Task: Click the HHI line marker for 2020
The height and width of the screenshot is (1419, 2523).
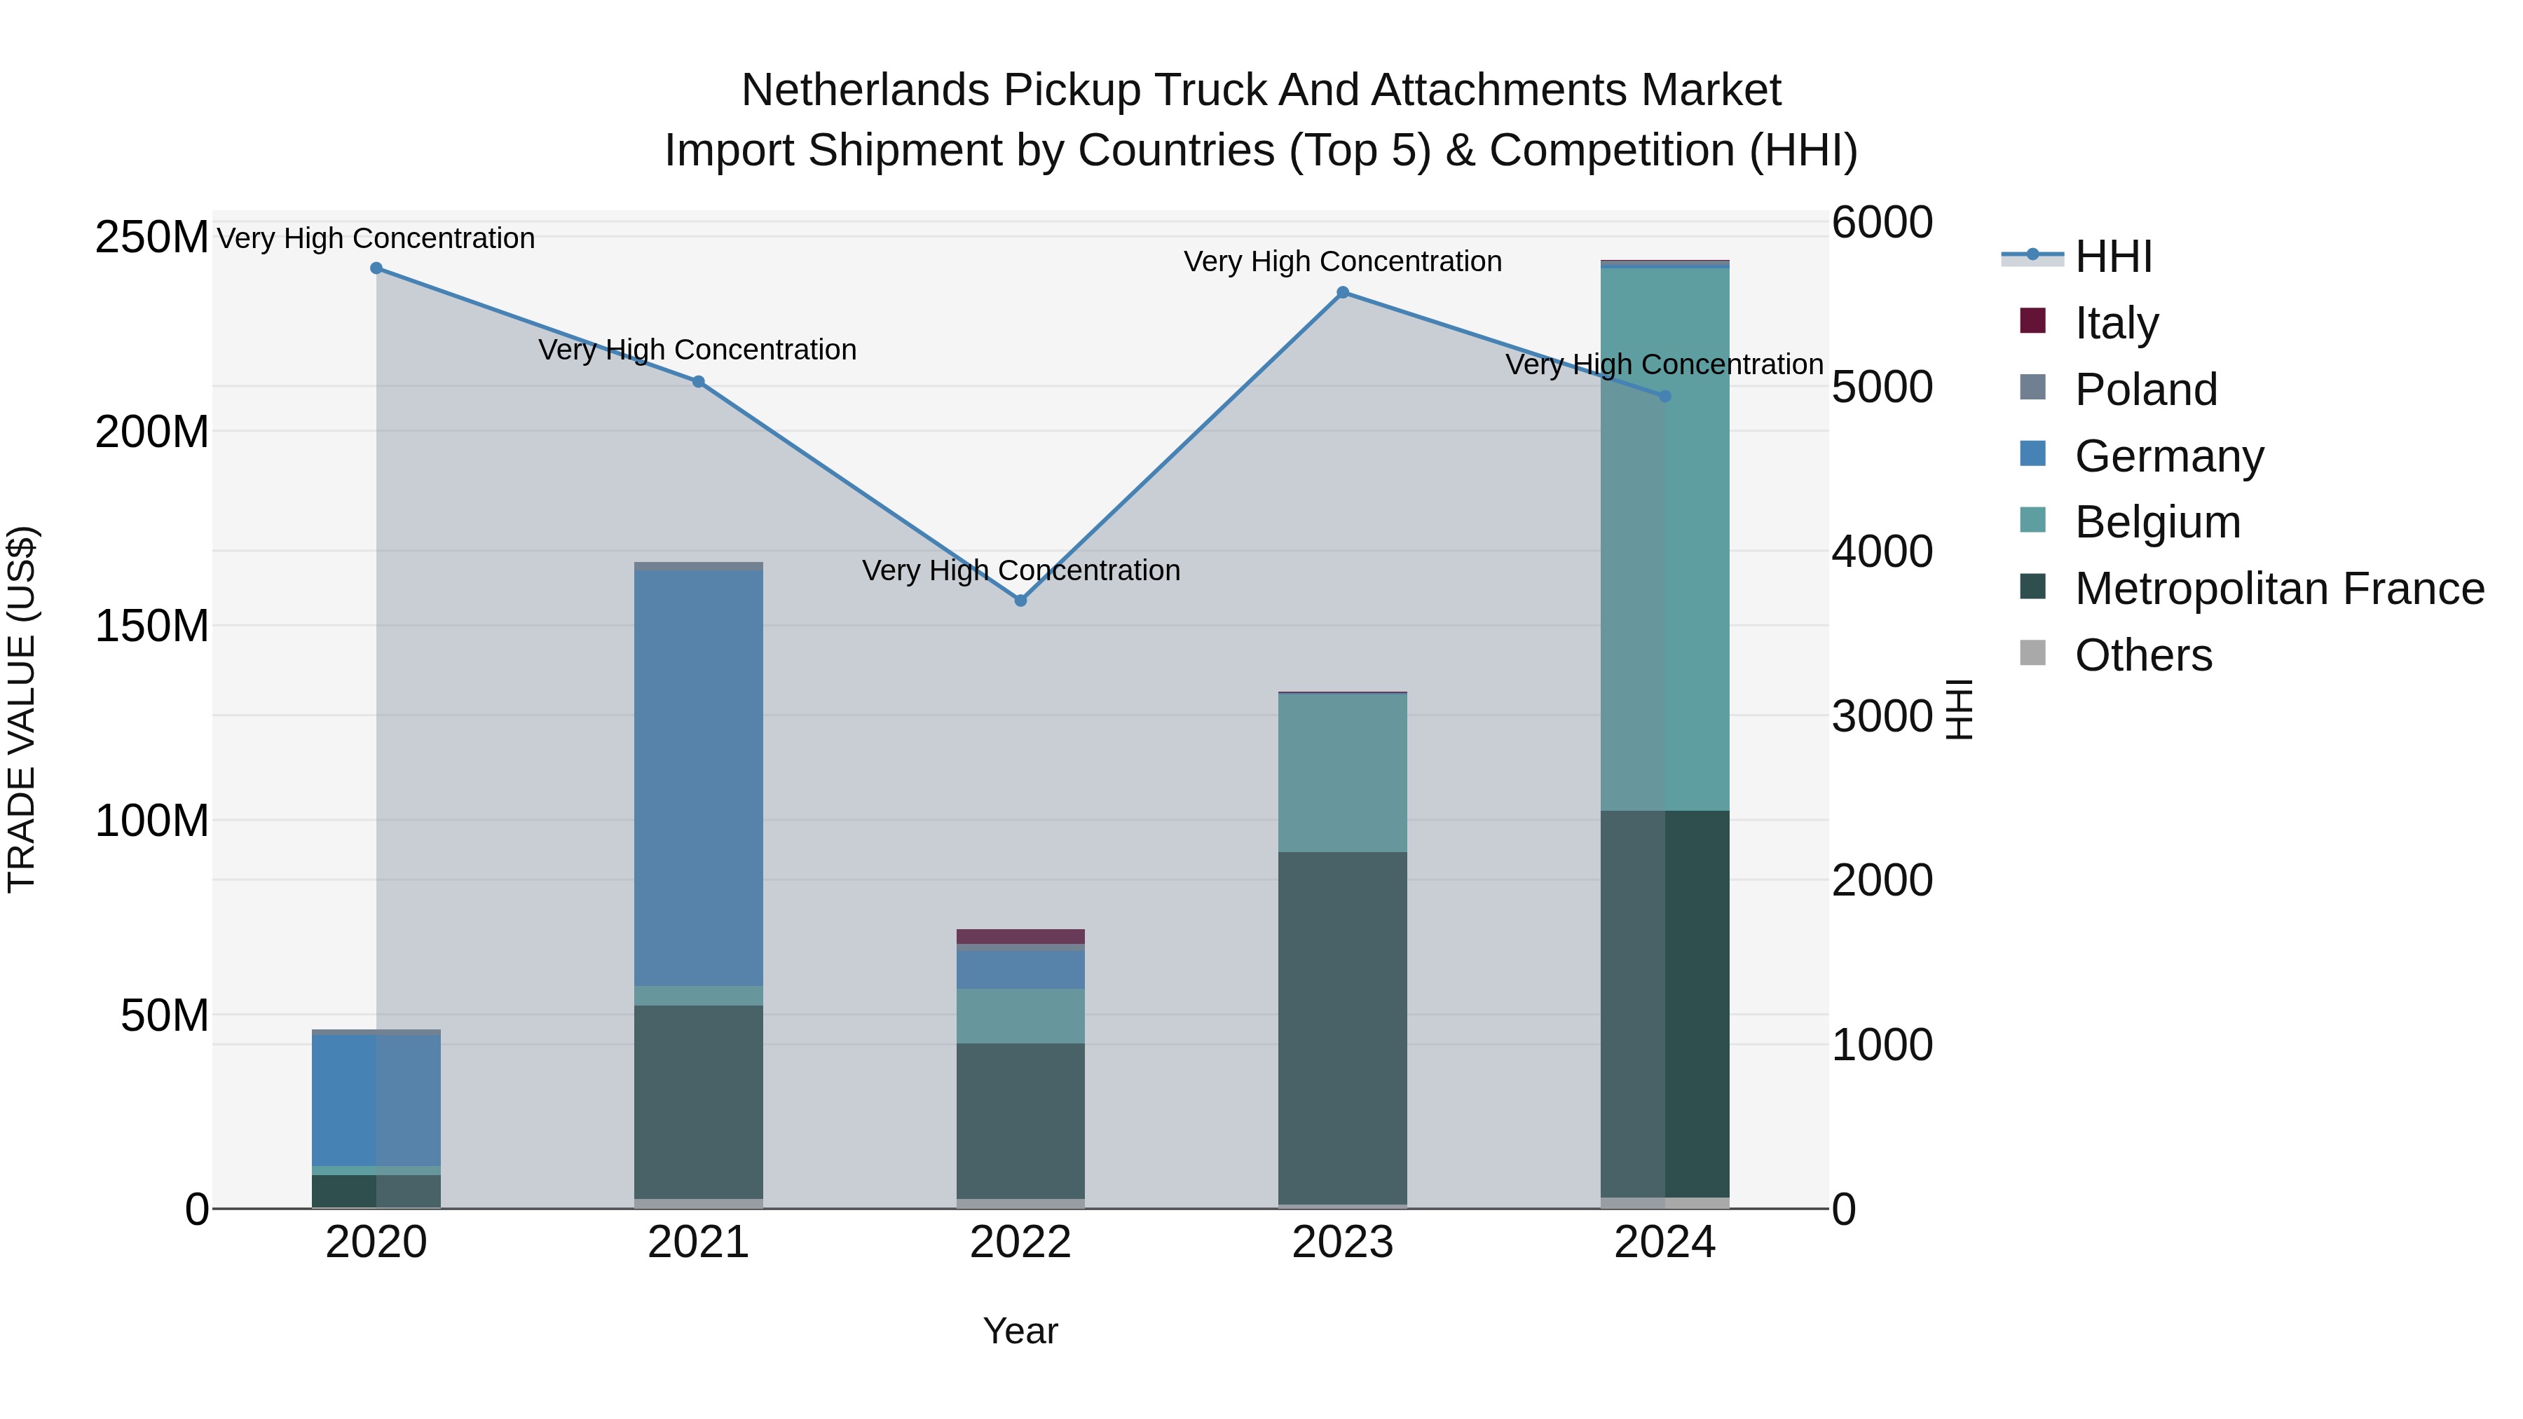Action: click(x=376, y=268)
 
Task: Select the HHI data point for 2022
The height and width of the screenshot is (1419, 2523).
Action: click(x=1020, y=601)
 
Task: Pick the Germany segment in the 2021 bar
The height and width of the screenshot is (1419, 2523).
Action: click(x=698, y=778)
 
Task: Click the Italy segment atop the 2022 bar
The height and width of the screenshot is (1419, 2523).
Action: click(x=1020, y=936)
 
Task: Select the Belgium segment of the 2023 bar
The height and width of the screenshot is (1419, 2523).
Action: click(x=1343, y=773)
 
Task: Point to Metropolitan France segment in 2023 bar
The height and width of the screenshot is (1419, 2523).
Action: click(x=1343, y=1027)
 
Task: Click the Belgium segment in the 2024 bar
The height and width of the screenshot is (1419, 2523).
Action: click(x=1665, y=539)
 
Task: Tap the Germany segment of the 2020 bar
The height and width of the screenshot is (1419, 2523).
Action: click(x=376, y=1101)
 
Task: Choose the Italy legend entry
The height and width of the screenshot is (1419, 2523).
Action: click(x=2116, y=323)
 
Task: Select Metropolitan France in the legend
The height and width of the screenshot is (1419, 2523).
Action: click(x=2279, y=589)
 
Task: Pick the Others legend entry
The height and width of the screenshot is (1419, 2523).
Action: click(x=2143, y=655)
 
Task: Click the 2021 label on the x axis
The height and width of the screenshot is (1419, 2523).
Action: click(x=698, y=1242)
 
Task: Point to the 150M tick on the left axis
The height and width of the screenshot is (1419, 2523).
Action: click(x=152, y=626)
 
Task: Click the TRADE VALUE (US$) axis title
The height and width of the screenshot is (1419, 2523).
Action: click(x=22, y=709)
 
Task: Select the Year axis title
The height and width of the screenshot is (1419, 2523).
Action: click(x=1020, y=1331)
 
